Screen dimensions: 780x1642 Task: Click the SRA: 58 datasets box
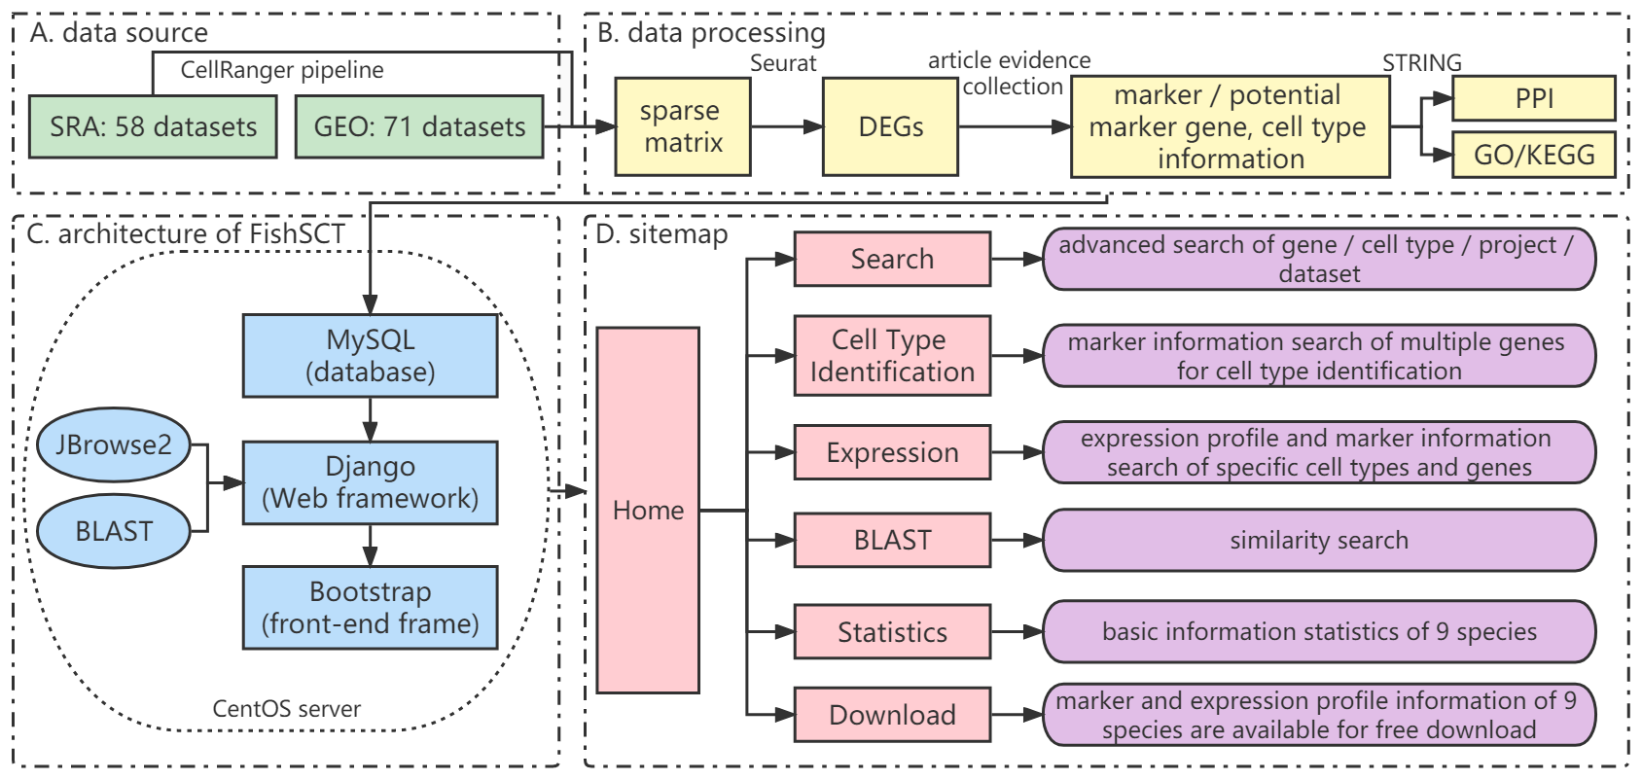coord(153,126)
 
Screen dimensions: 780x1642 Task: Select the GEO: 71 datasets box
coord(419,126)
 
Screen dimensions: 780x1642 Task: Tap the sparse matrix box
coord(683,126)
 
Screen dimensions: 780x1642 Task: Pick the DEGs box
coord(890,126)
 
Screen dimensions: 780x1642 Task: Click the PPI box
coord(1533,98)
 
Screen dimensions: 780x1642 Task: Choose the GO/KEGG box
coord(1533,155)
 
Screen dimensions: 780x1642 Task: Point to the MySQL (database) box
coord(370,356)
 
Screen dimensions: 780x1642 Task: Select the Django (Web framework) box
coord(370,482)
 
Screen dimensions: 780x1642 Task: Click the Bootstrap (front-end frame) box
coord(370,608)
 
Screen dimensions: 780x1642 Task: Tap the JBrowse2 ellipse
coord(113,444)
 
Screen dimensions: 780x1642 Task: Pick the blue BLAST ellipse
coord(113,531)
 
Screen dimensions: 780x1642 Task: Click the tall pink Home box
coord(648,511)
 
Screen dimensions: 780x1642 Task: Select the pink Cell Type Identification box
coord(892,356)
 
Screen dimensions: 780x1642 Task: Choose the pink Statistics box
coord(892,632)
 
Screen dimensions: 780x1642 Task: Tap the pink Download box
coord(892,715)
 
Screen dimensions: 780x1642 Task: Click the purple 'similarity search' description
coord(1319,540)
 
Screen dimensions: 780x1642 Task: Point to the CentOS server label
coord(286,709)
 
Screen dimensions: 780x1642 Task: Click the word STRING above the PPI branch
coord(1421,63)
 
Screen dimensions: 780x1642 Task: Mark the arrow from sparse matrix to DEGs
coord(787,126)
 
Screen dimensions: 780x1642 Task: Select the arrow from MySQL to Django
coord(370,419)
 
